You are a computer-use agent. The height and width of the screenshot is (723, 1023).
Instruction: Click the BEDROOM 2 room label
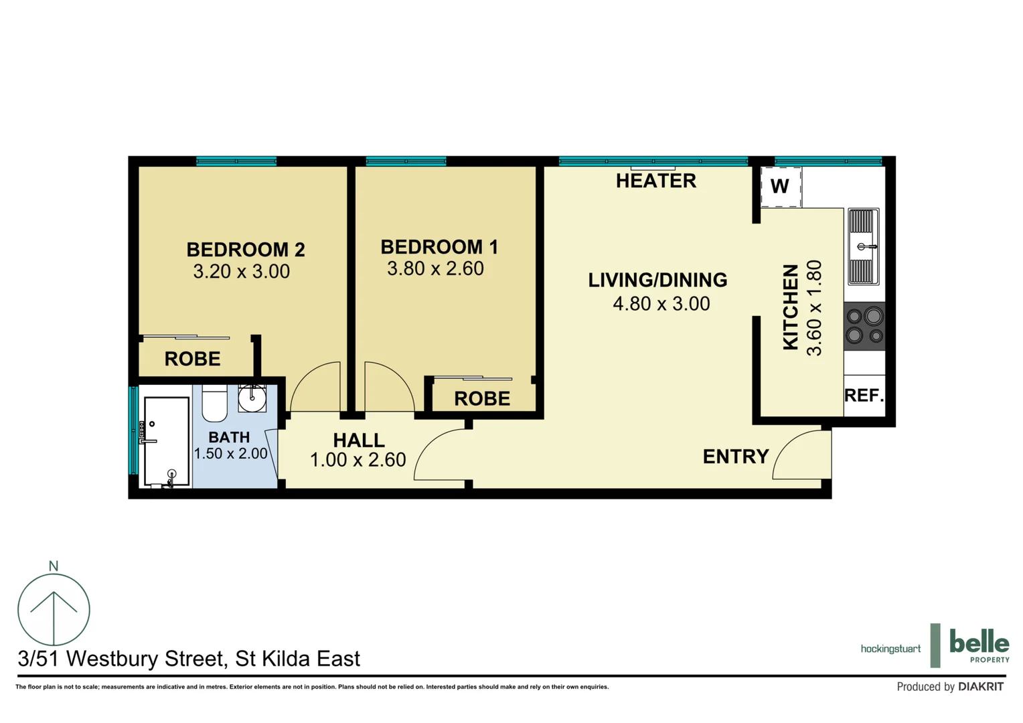pyautogui.click(x=245, y=250)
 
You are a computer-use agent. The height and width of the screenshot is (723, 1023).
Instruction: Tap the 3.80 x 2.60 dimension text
pyautogui.click(x=435, y=268)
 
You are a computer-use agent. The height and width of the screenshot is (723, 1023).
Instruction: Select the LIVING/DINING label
pyautogui.click(x=657, y=280)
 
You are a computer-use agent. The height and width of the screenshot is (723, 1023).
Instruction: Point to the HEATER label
pyautogui.click(x=655, y=181)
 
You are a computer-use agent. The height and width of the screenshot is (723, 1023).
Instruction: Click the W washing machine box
pyautogui.click(x=781, y=187)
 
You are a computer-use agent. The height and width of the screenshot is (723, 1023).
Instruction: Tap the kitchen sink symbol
pyautogui.click(x=863, y=246)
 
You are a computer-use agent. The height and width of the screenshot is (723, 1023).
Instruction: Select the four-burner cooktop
pyautogui.click(x=864, y=326)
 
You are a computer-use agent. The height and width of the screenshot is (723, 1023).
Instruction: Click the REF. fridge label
pyautogui.click(x=864, y=396)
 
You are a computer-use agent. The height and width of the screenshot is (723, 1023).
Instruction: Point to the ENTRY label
pyautogui.click(x=735, y=457)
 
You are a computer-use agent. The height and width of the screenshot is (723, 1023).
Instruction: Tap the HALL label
pyautogui.click(x=359, y=440)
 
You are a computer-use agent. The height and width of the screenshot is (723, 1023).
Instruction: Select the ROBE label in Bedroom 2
pyautogui.click(x=192, y=359)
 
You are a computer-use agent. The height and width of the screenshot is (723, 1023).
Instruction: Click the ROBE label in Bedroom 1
pyautogui.click(x=481, y=399)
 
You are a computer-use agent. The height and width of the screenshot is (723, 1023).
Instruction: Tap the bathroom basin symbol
pyautogui.click(x=252, y=399)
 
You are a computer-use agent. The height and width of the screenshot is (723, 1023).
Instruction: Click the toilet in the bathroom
pyautogui.click(x=215, y=404)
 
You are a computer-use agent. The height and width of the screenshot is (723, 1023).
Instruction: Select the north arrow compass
pyautogui.click(x=54, y=609)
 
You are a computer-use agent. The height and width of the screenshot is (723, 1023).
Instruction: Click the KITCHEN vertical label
pyautogui.click(x=791, y=307)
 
